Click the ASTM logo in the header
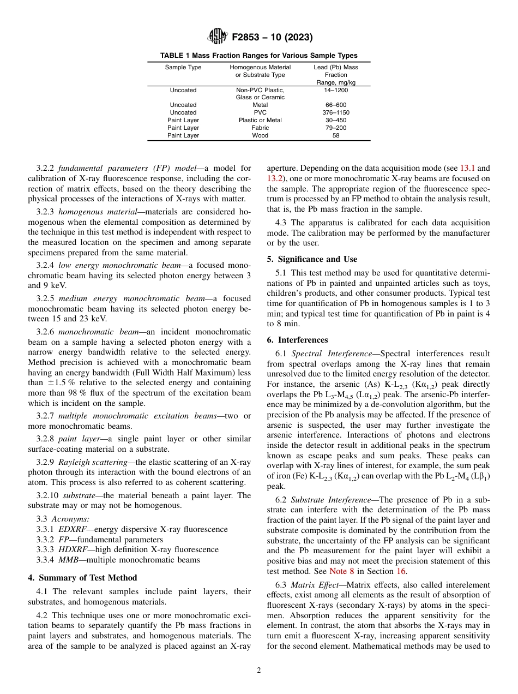218,37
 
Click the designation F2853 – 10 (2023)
272,38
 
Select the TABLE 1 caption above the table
258,56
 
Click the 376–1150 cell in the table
335,112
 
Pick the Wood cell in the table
260,135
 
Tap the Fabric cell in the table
260,128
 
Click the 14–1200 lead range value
335,90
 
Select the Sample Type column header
183,68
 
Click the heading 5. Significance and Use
312,259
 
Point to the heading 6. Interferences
297,339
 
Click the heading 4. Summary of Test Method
82,578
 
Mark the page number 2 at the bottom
258,671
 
